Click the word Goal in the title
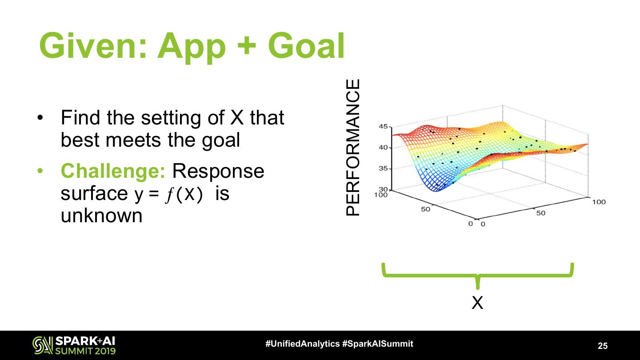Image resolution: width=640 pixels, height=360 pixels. pos(306,45)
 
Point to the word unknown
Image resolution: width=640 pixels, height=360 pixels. pos(101,216)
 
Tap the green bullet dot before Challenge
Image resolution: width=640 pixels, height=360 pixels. pos(40,171)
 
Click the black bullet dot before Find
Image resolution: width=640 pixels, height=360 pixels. pos(40,118)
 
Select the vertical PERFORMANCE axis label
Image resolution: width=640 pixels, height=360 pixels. pos(352,147)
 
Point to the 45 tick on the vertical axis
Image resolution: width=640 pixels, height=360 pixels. pos(384,126)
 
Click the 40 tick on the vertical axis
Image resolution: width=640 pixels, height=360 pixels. pos(384,148)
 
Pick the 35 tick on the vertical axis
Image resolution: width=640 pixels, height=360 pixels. pos(384,168)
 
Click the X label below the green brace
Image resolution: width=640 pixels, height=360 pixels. pos(477,303)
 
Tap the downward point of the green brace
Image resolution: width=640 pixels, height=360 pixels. pos(478,288)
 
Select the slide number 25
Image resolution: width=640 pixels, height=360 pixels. pos(603,346)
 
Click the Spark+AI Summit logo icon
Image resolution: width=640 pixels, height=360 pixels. pos(43,345)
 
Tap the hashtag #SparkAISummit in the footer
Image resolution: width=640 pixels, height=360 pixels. pos(378,344)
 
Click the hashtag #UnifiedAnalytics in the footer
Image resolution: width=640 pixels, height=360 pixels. pos(303,344)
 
